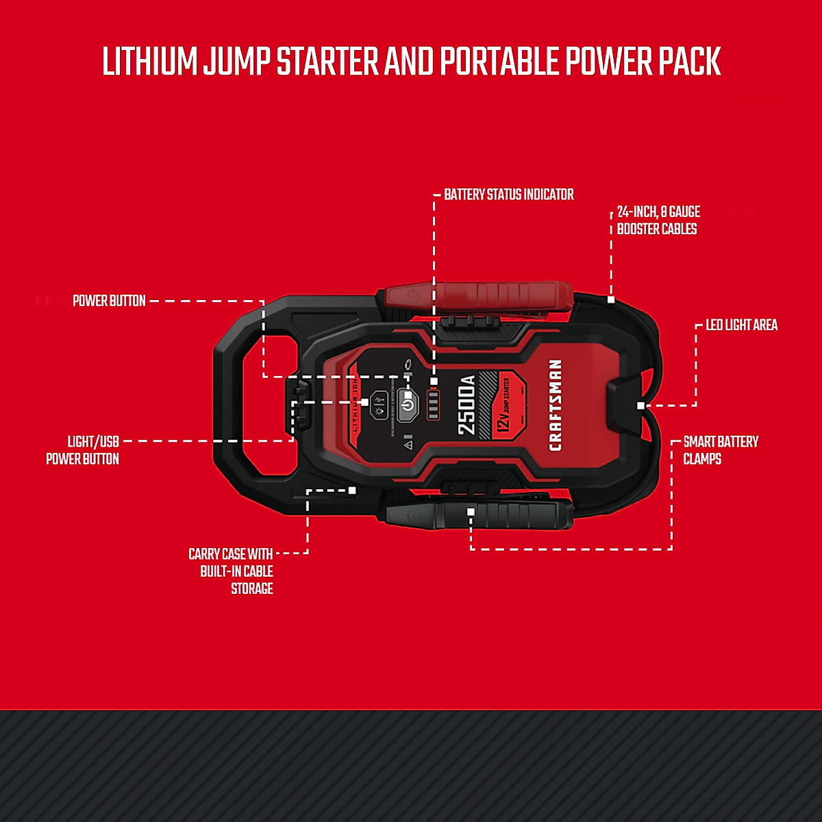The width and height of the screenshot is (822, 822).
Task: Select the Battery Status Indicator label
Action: point(508,195)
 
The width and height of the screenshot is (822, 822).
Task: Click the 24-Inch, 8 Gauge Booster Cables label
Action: point(658,221)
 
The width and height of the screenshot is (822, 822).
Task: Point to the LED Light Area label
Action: point(741,325)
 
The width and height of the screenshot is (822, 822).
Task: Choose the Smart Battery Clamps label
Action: point(720,450)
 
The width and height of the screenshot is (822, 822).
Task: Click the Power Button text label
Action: point(109,301)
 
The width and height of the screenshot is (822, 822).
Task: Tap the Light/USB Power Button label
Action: point(83,450)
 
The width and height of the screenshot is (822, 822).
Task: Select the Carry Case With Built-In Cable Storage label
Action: point(231,571)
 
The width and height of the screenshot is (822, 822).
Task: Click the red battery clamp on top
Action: point(480,296)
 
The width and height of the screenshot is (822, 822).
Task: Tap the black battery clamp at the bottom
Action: point(480,514)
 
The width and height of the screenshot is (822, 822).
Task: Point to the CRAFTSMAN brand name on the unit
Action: point(555,405)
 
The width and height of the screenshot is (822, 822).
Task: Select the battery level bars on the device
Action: point(433,405)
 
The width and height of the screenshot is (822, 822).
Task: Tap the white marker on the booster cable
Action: point(611,299)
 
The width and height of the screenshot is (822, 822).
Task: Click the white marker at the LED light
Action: point(640,406)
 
